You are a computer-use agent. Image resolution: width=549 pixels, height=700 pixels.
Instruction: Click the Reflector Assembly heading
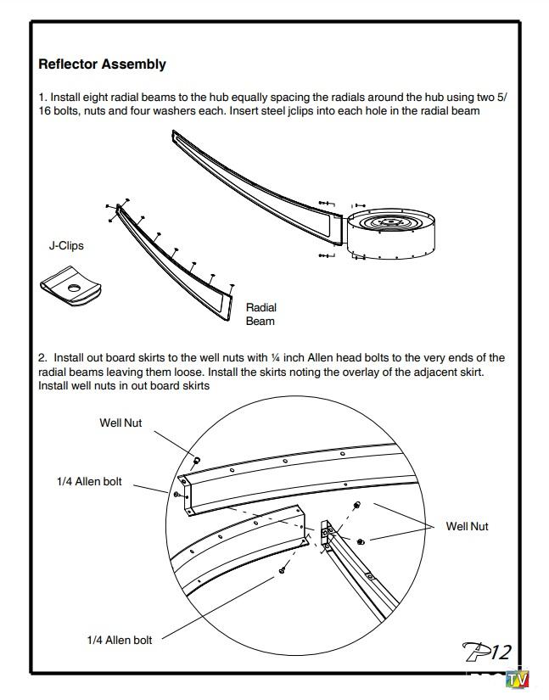point(103,64)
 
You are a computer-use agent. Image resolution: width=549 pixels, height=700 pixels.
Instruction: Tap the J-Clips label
point(66,246)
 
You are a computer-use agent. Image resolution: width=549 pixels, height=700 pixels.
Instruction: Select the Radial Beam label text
point(260,315)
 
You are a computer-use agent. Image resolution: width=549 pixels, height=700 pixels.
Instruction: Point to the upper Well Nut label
point(120,423)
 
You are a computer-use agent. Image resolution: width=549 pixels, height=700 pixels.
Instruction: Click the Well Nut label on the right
point(467,527)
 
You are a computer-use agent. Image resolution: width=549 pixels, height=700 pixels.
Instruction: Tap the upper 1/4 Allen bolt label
point(89,482)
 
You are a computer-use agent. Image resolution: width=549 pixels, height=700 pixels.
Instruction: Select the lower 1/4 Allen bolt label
point(120,640)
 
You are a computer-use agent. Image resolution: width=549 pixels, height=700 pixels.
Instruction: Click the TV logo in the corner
point(517,681)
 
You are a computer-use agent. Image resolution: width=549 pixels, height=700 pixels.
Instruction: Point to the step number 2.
point(42,358)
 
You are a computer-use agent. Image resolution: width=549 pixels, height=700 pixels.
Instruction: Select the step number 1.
point(42,98)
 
